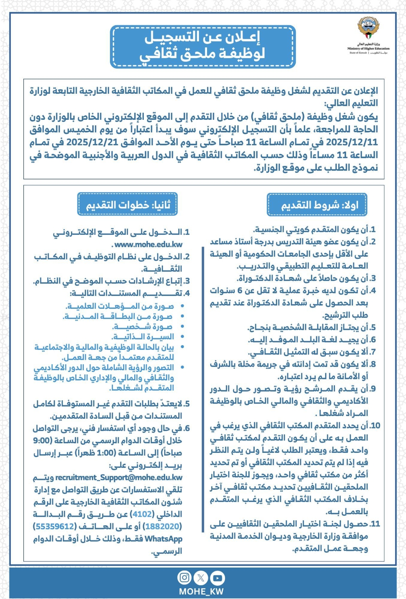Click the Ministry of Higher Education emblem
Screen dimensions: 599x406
368,29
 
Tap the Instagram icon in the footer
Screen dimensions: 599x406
184,577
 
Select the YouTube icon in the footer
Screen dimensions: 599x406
217,578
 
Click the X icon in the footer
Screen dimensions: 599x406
201,578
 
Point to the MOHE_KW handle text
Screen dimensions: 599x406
201,591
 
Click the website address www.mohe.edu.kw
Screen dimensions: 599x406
149,245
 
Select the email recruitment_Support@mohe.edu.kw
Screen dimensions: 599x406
119,477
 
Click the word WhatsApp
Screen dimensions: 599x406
163,538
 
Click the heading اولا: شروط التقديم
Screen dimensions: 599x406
317,205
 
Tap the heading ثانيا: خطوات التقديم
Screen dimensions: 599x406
128,205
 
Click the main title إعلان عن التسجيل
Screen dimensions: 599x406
202,37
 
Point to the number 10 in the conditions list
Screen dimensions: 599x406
375,425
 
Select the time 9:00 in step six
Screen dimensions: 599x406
42,440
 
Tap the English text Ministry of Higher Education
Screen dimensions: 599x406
368,49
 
